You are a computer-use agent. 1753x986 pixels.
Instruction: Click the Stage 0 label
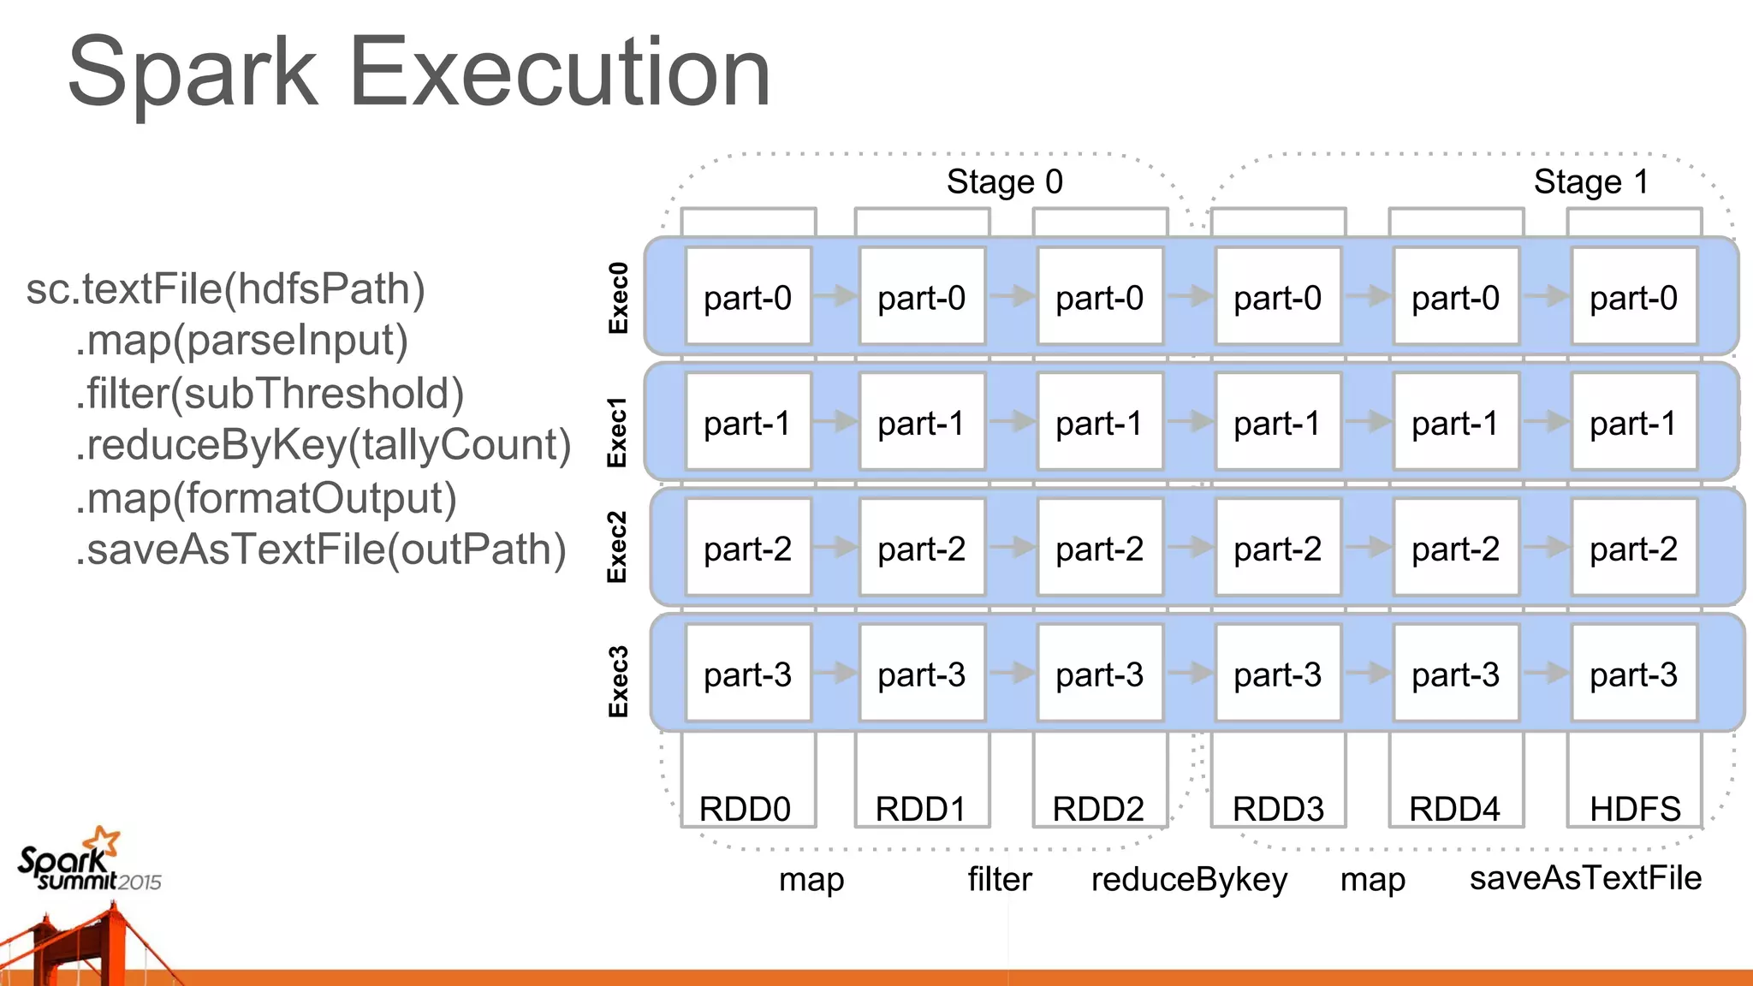(1004, 181)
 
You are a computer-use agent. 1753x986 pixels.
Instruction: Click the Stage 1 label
(1590, 181)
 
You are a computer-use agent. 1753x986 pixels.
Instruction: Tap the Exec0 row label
(618, 298)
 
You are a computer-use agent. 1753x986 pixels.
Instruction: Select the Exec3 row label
(618, 681)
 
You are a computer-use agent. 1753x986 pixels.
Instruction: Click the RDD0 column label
(745, 808)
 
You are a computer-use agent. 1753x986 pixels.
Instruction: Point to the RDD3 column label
(1278, 808)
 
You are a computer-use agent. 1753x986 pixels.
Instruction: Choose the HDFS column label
(1635, 808)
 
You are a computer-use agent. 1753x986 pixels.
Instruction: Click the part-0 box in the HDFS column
(1633, 298)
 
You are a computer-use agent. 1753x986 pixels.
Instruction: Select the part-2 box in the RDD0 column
(747, 549)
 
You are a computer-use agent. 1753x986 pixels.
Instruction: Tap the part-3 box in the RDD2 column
(1099, 674)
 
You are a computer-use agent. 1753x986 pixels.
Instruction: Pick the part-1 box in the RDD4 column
(1455, 423)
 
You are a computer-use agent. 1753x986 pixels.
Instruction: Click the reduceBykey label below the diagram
(1189, 879)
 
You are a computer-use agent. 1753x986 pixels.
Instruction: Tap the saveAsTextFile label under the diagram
(1585, 878)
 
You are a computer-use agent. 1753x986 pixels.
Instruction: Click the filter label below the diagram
(1000, 879)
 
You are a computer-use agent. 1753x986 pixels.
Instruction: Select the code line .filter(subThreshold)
(270, 394)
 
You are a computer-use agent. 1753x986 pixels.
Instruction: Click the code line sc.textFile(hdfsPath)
(226, 289)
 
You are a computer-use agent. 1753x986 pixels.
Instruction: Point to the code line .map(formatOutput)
(266, 498)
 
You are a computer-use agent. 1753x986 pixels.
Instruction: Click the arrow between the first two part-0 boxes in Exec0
(835, 296)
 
